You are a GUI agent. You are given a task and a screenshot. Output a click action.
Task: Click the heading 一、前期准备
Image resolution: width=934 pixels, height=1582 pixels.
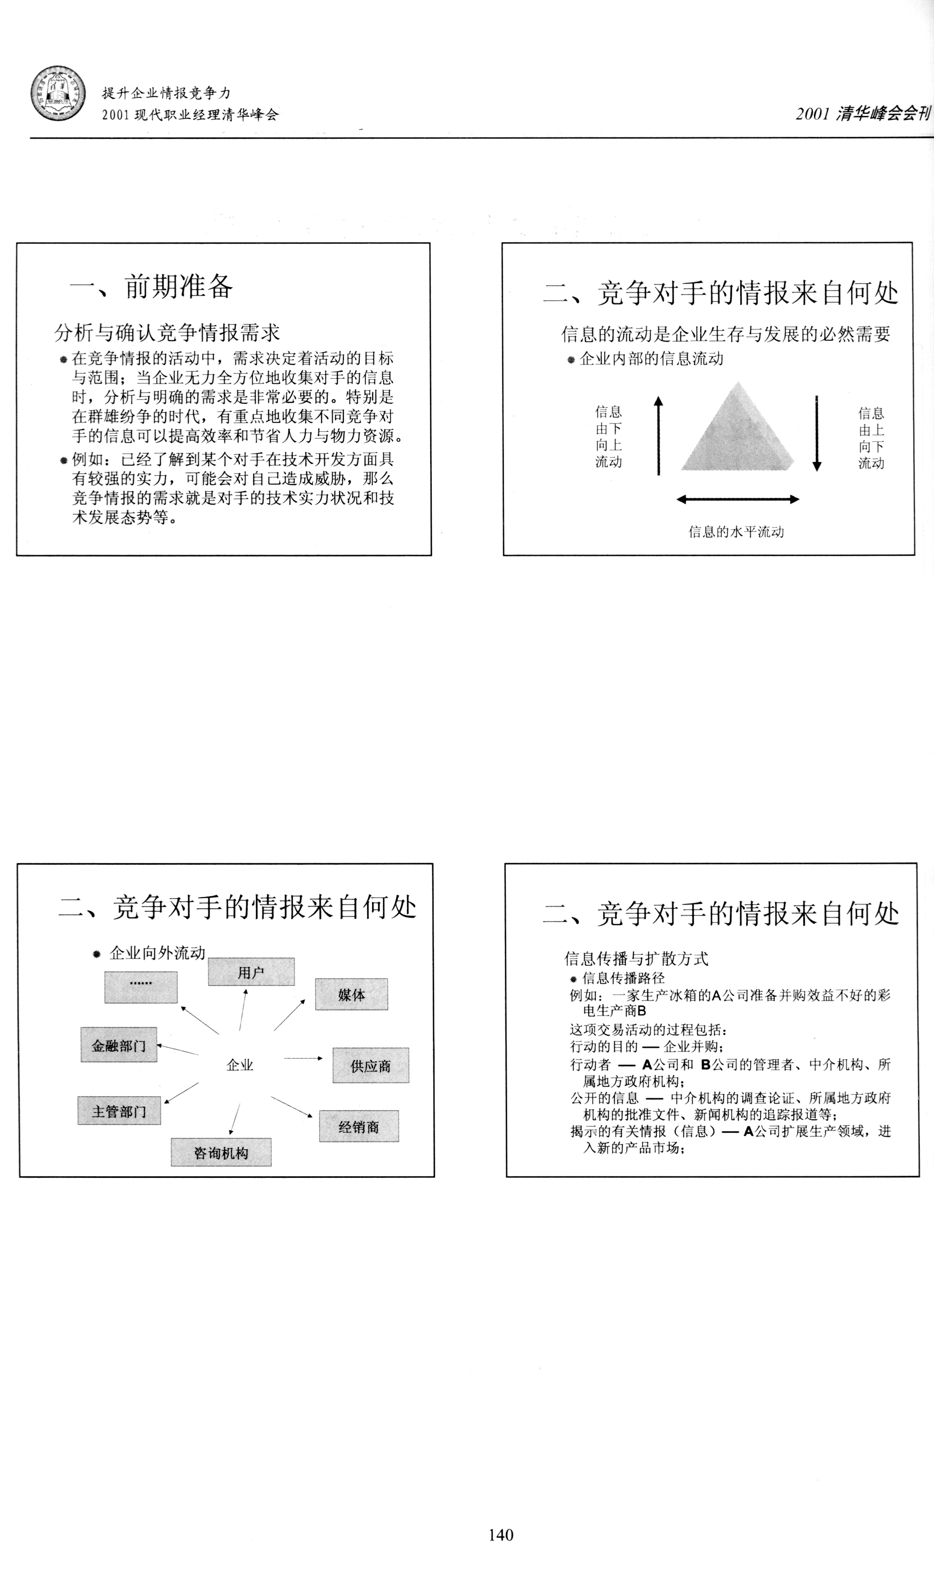(151, 286)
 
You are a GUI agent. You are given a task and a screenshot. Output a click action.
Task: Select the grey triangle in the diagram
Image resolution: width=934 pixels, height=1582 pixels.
(737, 435)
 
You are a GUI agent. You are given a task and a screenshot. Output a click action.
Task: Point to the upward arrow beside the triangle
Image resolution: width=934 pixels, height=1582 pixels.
(658, 435)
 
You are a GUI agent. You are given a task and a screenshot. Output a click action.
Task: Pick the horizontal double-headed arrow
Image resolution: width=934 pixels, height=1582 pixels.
(737, 499)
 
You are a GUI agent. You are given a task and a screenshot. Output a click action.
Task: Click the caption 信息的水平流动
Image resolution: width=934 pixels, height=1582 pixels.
(737, 532)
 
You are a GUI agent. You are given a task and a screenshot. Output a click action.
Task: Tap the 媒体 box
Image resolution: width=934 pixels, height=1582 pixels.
(351, 994)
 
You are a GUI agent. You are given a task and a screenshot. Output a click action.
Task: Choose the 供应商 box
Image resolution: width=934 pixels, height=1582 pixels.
(371, 1065)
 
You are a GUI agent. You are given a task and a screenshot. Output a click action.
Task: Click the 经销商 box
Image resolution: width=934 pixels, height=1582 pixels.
(359, 1126)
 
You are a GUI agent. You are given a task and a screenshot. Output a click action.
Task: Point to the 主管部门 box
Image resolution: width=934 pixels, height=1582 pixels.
(119, 1111)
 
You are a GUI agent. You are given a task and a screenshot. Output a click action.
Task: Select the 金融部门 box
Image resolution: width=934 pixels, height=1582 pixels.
(119, 1046)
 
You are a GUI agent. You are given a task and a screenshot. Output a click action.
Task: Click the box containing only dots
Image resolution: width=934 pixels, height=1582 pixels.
(141, 987)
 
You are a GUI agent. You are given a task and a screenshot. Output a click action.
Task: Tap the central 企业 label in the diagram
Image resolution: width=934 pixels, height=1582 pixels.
(240, 1065)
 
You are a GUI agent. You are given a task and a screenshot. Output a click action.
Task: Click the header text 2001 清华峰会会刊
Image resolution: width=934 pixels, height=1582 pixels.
(862, 113)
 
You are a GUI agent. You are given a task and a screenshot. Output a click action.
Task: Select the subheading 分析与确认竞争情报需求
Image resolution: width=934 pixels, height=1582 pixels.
(167, 332)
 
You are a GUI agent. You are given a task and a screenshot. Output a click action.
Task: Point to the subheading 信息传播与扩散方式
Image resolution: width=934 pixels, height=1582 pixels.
(636, 958)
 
